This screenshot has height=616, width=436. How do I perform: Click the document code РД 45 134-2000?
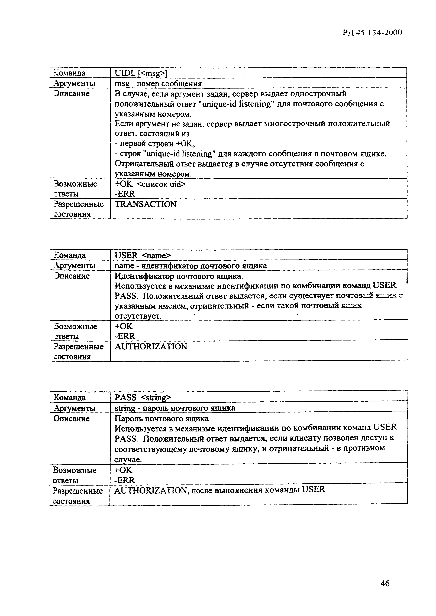tap(372, 33)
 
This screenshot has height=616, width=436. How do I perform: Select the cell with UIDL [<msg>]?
tap(141, 73)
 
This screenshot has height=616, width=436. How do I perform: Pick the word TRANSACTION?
tap(146, 204)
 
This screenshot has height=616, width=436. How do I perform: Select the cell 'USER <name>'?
tap(143, 255)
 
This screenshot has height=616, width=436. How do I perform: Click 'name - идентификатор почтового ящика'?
tap(191, 266)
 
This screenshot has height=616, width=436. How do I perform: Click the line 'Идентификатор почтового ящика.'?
tap(179, 276)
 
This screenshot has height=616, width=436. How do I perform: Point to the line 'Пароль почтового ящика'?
tap(161, 418)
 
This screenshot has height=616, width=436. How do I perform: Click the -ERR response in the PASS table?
tap(125, 480)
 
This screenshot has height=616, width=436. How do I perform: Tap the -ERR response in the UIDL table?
tap(125, 194)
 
